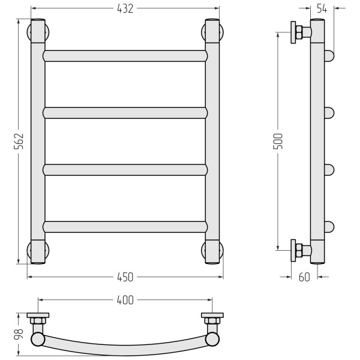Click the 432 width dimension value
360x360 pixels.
125,9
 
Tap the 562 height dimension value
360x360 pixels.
19,141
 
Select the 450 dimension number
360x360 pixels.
125,277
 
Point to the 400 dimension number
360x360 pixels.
125,300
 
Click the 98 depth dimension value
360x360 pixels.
19,334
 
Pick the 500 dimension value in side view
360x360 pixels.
278,141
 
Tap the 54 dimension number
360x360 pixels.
322,8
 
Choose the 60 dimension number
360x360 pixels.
304,277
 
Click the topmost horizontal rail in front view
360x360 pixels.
125,56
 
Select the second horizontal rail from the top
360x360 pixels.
125,113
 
